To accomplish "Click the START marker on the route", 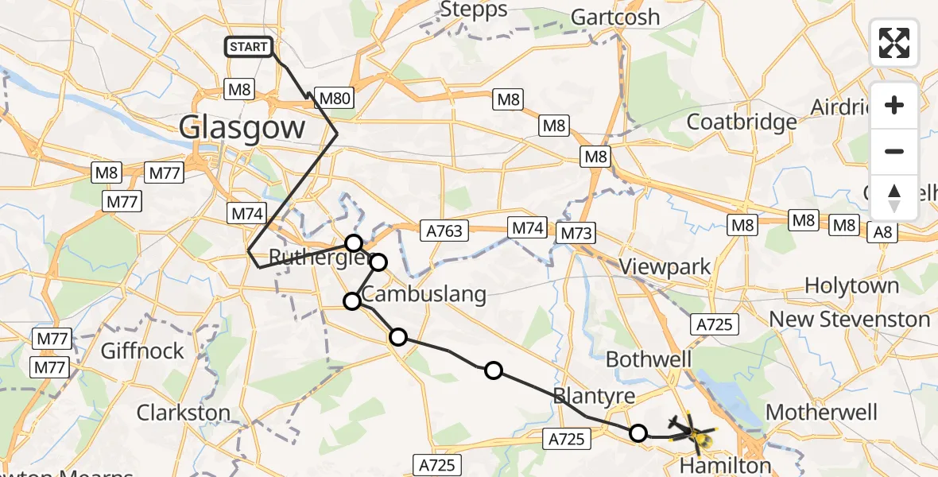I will [249, 47].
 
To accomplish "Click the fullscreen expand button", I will [894, 42].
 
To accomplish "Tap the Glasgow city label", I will [242, 127].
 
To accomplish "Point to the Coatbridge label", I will [741, 122].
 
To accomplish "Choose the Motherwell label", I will [820, 413].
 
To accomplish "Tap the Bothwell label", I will [649, 359].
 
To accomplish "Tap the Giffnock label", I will [143, 351].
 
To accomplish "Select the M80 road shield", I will [333, 98].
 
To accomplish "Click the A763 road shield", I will [446, 231].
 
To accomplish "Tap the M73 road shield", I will [577, 233].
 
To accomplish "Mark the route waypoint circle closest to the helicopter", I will [638, 433].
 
